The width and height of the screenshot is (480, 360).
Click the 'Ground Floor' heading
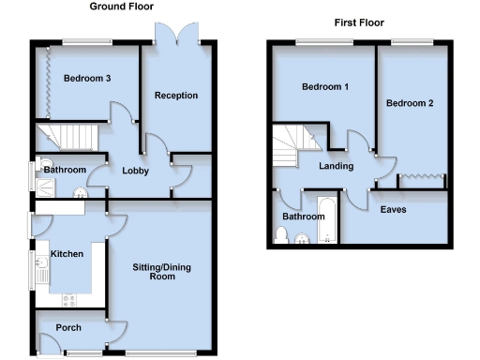coord(122,7)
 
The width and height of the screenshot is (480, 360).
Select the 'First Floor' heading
coord(358,22)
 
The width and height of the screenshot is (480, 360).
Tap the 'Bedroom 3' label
coord(88,79)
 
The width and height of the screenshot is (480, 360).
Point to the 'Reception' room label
coord(176,95)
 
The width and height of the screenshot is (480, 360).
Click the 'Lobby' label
coord(136,170)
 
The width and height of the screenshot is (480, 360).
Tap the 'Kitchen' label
coord(67,254)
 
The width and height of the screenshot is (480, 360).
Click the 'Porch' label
coord(67,327)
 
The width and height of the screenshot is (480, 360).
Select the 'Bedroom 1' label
coord(325,87)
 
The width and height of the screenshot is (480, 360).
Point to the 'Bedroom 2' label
coord(410,103)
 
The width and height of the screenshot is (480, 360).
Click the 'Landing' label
coord(336,167)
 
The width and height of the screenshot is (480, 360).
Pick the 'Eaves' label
coord(393,209)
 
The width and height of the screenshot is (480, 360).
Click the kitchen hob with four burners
coord(68,300)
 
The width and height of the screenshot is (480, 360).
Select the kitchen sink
coord(42,272)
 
